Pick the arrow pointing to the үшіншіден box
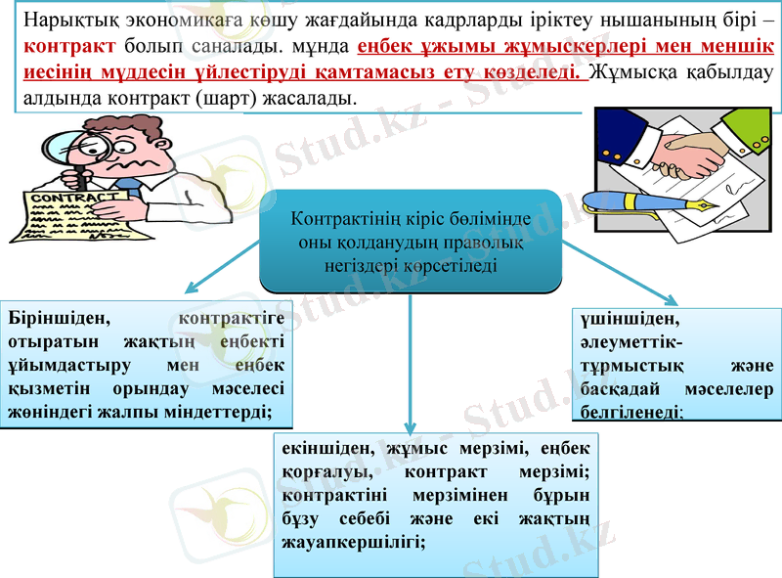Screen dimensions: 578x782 (x=627, y=275)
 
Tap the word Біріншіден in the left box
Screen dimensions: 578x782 (x=57, y=319)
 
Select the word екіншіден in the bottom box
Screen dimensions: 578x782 (x=326, y=449)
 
